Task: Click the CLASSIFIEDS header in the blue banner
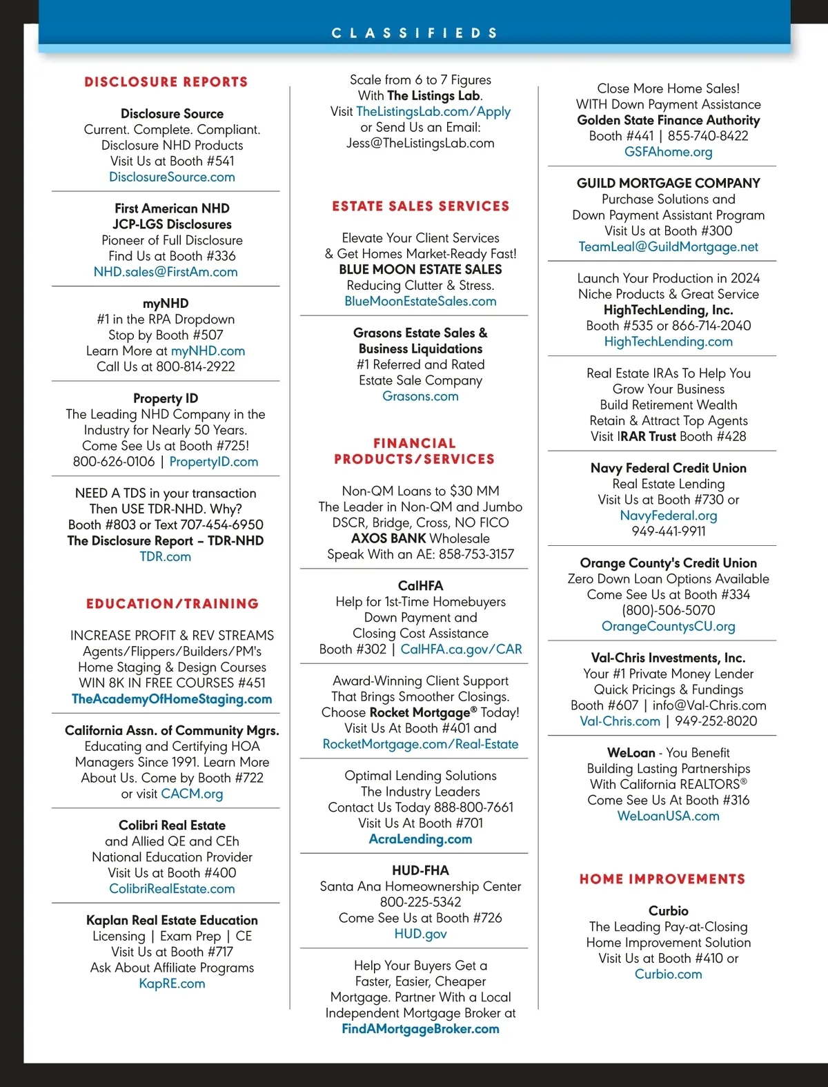[414, 32]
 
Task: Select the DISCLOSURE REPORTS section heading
[166, 81]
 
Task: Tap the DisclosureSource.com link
[172, 177]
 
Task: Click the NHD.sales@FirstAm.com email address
[166, 272]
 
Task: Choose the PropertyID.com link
[214, 462]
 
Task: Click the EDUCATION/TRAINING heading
[172, 604]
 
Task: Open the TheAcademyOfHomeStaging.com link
[172, 699]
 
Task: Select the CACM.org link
[192, 794]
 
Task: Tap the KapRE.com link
[172, 983]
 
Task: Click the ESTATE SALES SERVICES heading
[420, 206]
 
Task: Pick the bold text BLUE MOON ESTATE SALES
[420, 269]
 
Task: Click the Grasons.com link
[420, 396]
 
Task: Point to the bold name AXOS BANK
[388, 538]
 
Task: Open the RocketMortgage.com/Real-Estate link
[420, 744]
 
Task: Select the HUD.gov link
[420, 934]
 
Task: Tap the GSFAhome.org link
[668, 152]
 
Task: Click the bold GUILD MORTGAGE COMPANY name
[668, 183]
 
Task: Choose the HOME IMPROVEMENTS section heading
[662, 879]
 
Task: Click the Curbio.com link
[668, 975]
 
